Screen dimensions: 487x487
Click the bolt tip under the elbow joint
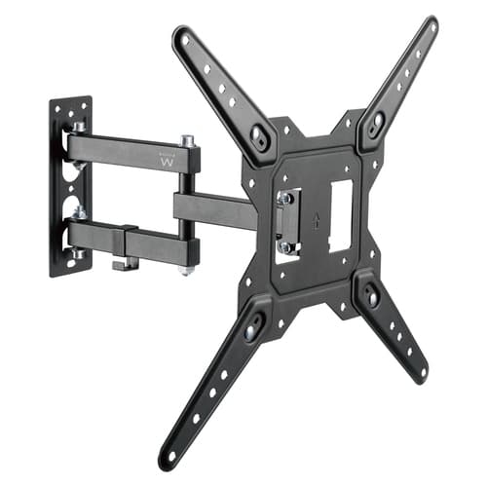(x=186, y=270)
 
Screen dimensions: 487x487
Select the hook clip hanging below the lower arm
(x=121, y=263)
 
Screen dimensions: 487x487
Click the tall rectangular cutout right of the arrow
(x=341, y=216)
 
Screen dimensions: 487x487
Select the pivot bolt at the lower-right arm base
(x=372, y=295)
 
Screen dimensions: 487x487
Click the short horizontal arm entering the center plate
(x=214, y=207)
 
